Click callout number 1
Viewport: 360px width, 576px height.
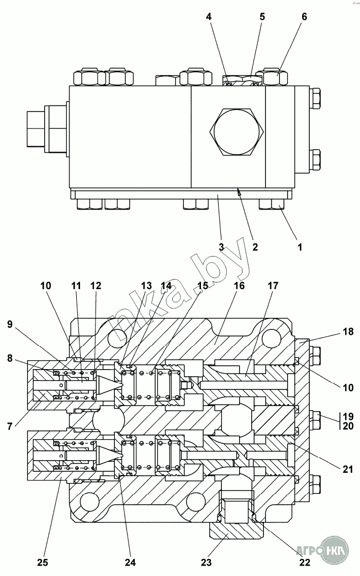300,247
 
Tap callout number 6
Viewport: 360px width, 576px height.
304,17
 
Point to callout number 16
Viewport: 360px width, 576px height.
239,285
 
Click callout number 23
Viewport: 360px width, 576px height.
207,562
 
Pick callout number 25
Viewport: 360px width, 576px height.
43,562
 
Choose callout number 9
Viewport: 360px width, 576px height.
9,324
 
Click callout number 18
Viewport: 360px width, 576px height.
348,331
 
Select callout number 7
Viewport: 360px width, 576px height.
9,426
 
